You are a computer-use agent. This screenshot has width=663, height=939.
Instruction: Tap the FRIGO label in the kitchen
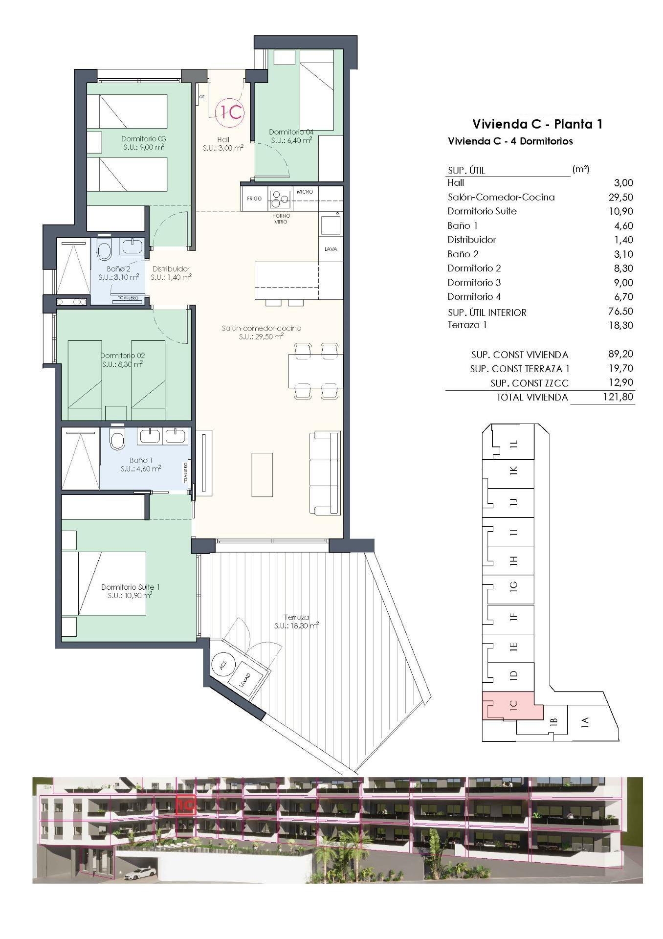point(254,199)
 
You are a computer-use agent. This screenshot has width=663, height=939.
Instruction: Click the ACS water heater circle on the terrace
point(223,665)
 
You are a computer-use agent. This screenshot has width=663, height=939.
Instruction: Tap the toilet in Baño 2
point(104,250)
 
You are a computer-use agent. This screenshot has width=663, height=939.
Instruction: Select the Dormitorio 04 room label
point(291,132)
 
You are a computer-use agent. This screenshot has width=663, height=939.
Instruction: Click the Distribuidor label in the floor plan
point(171,269)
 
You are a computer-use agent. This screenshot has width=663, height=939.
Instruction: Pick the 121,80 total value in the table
point(618,397)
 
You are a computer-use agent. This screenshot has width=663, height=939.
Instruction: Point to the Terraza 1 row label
point(466,325)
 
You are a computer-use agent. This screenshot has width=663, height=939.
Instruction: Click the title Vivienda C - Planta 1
point(537,124)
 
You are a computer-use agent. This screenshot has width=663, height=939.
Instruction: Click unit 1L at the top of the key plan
point(513,444)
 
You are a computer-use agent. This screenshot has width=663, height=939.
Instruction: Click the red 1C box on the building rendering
point(185,805)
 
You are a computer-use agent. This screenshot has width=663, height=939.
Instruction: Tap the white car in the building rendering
point(140,873)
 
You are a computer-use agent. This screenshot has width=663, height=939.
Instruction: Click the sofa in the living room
point(325,472)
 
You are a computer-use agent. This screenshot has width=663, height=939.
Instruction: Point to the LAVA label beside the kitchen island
point(331,249)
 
